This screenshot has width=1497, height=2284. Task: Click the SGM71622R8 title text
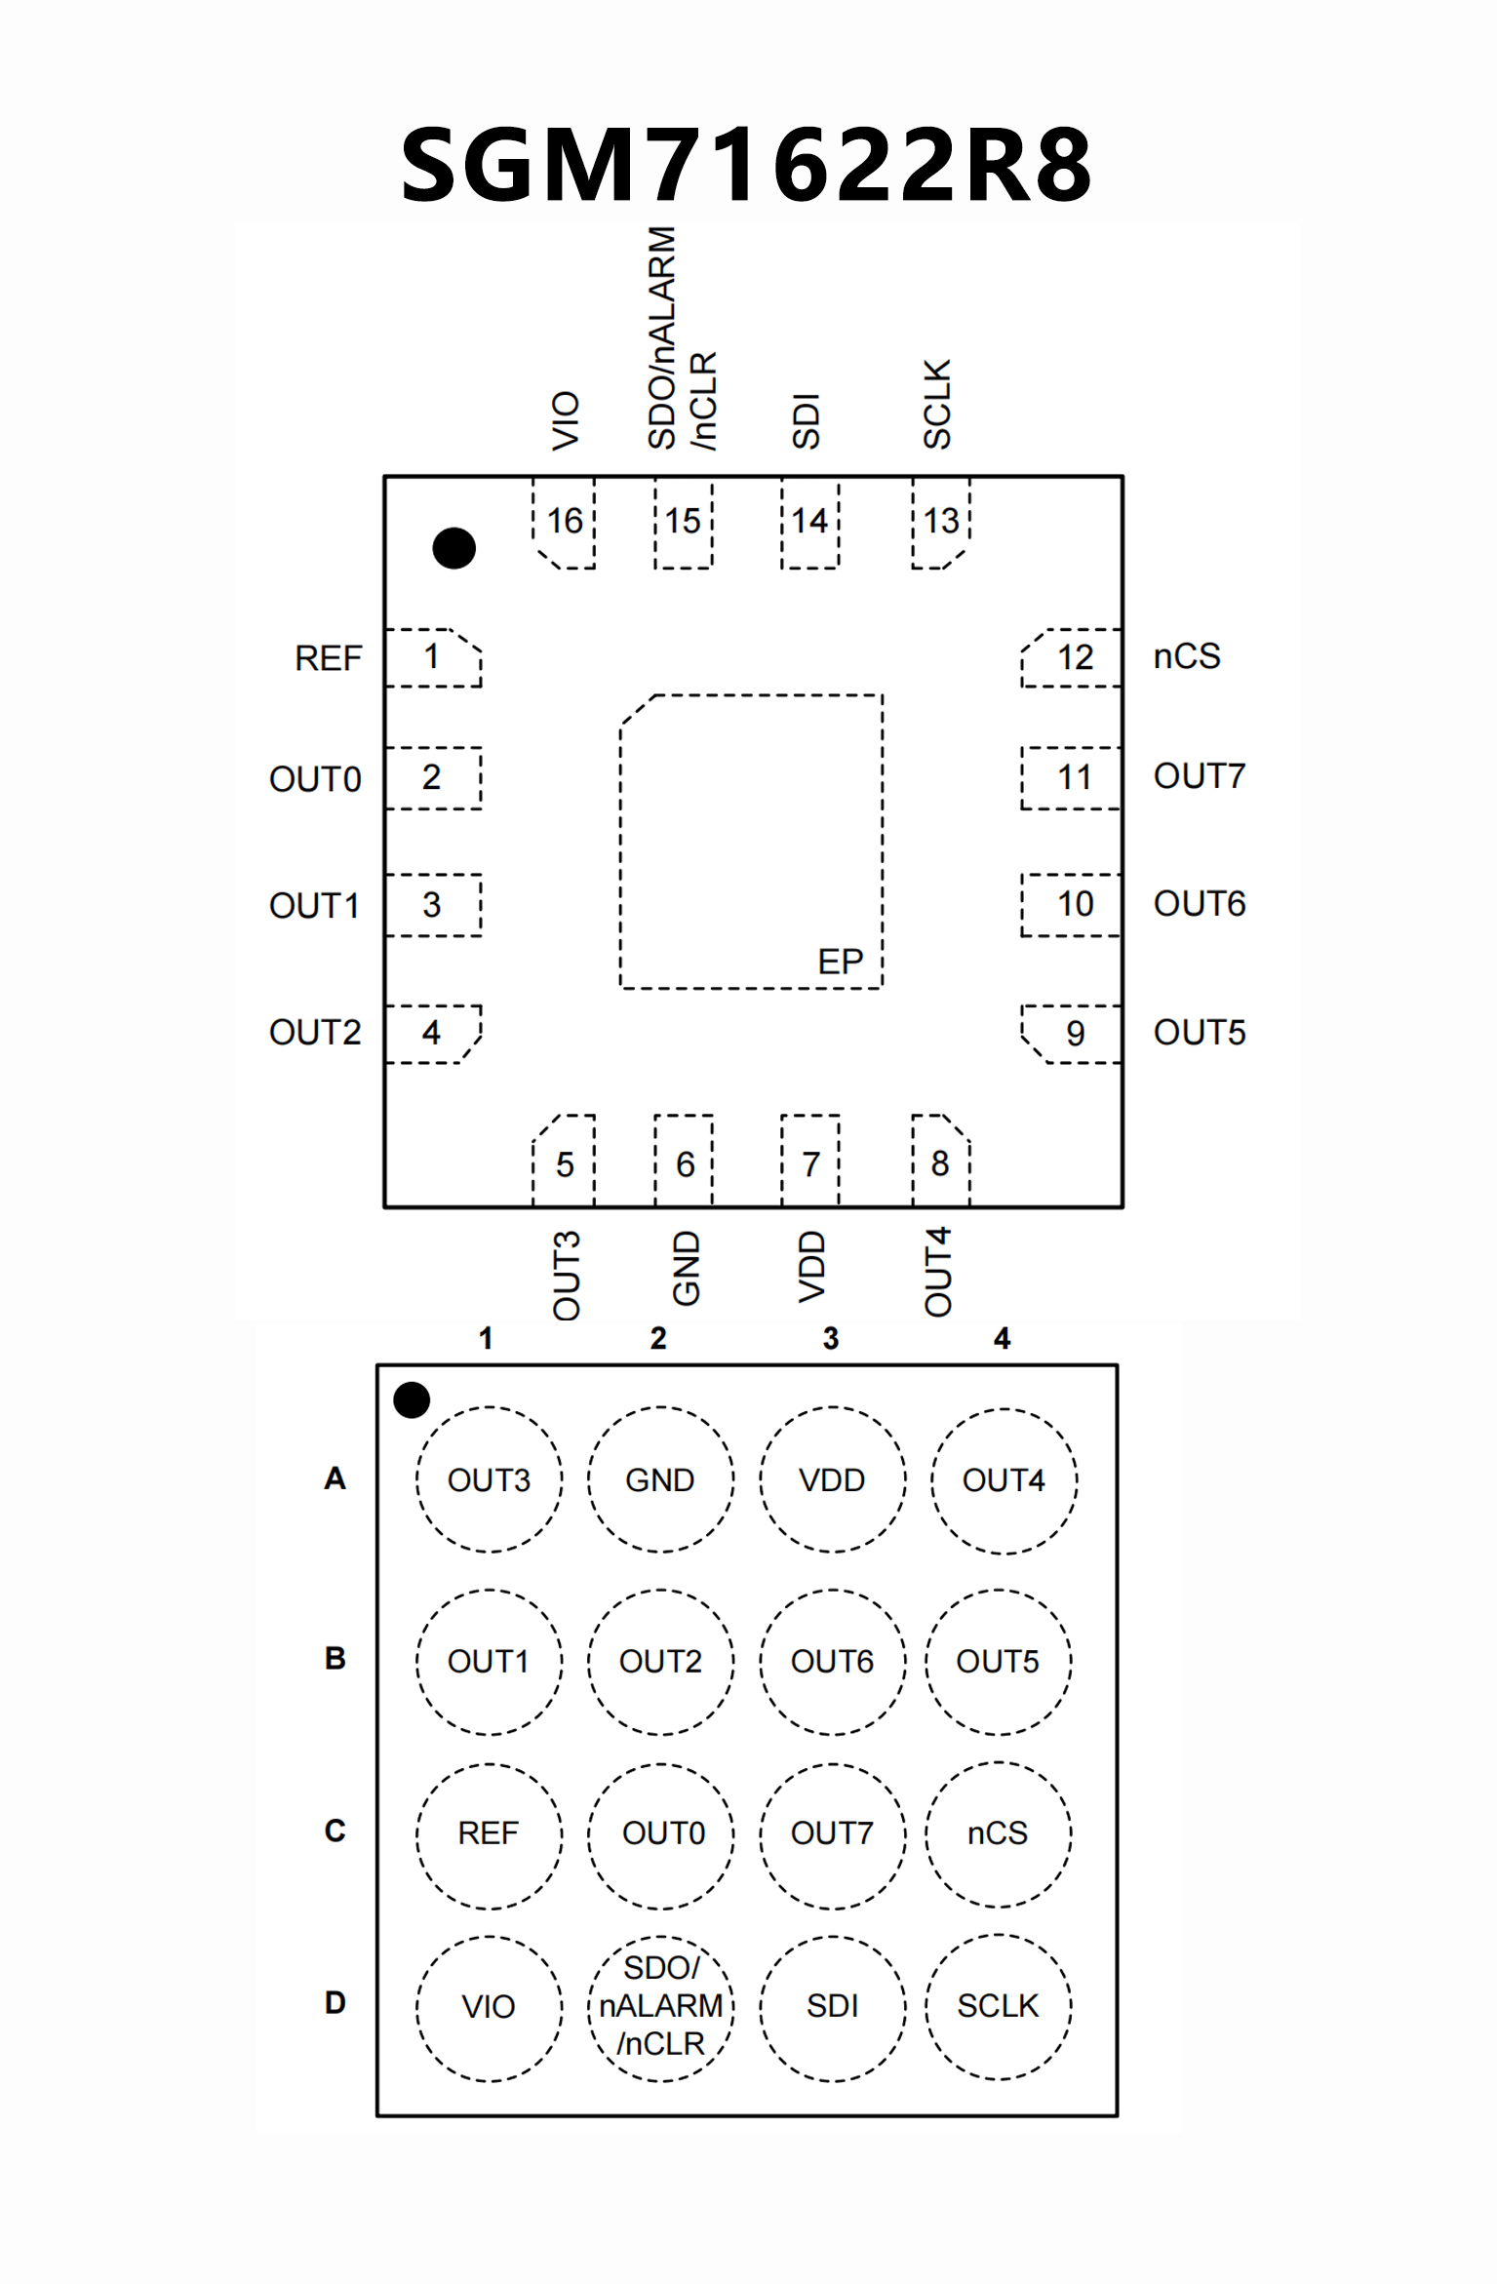tap(747, 164)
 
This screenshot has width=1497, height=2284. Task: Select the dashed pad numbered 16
tap(565, 522)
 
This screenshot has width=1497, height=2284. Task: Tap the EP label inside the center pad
tap(840, 963)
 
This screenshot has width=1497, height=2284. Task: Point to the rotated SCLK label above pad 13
tap(937, 404)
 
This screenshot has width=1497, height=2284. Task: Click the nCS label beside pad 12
tap(1187, 656)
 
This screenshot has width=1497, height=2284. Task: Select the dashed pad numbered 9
tap(1073, 1033)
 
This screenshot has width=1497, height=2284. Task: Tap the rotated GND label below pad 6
tap(687, 1268)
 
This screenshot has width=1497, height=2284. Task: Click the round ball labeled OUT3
tap(490, 1479)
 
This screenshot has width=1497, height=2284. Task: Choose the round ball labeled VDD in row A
tap(832, 1479)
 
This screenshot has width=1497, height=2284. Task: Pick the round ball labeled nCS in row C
tap(998, 1833)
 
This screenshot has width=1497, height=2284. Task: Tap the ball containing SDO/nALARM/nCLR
tap(661, 2006)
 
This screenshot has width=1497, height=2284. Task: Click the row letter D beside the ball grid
tap(335, 2003)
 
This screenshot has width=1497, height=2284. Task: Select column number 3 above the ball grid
tap(831, 1338)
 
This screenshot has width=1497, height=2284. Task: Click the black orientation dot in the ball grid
tap(412, 1399)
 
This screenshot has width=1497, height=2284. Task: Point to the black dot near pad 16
tap(453, 548)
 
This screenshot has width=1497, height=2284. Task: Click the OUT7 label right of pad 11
tap(1200, 776)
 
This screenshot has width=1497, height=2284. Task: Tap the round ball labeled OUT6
tap(832, 1662)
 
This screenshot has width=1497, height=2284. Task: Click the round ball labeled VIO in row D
tap(489, 2007)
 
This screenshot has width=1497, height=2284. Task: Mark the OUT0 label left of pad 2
tap(315, 779)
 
